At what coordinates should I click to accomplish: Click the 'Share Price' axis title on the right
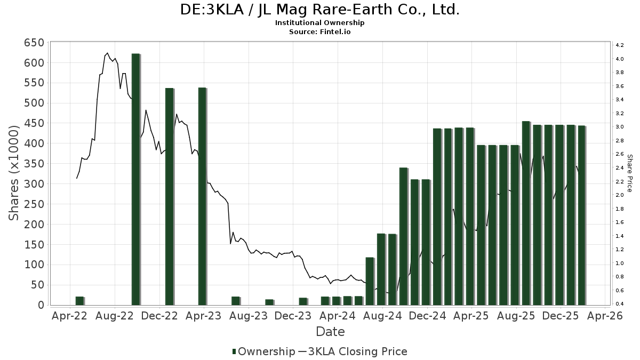pos(629,173)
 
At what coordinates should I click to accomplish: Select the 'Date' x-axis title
pos(330,331)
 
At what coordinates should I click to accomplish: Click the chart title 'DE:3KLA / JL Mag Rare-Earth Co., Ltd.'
pos(320,10)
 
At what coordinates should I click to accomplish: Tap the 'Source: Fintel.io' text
pos(320,32)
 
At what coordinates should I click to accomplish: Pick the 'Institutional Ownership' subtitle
pos(320,23)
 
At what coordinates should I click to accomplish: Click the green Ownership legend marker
pos(234,351)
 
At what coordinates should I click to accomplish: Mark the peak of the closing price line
pos(107,53)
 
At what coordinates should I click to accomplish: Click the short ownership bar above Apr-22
pos(79,300)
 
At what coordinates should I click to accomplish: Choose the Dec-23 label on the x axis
pos(294,316)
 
